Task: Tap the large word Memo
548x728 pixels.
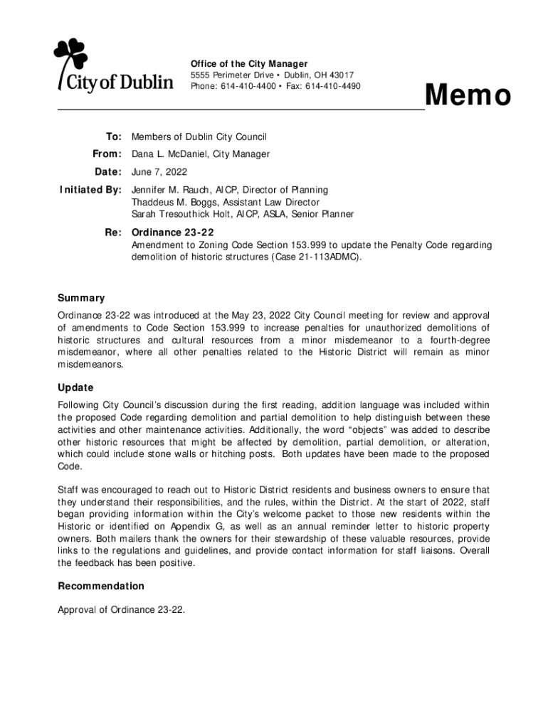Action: [x=468, y=96]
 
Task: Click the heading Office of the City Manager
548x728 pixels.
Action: [x=249, y=64]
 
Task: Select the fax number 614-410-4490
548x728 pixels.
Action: [x=333, y=87]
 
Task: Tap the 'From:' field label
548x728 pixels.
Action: [x=107, y=154]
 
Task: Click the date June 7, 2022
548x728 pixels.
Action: [x=159, y=172]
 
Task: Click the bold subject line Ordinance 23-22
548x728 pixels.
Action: [x=173, y=232]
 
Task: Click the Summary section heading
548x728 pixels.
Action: [x=81, y=298]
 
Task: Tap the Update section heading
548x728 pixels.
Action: [x=75, y=387]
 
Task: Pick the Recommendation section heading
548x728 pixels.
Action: [x=101, y=586]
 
